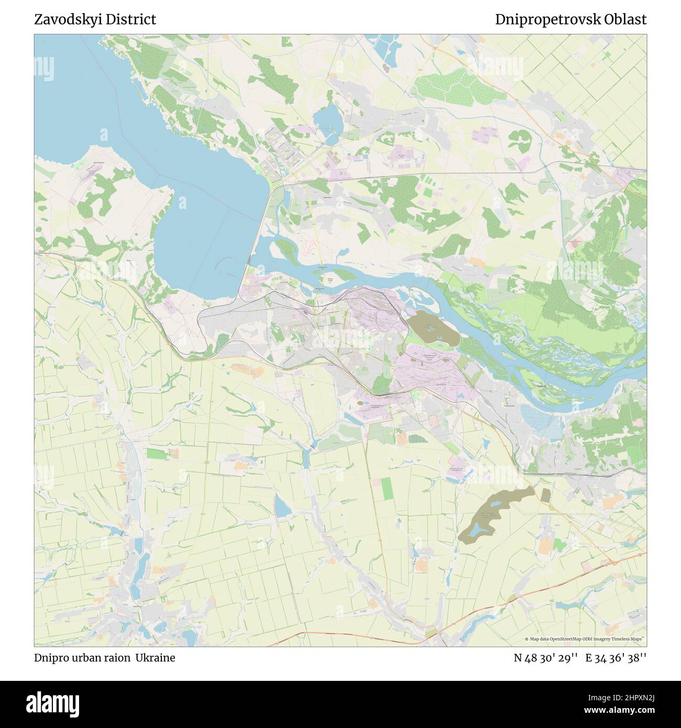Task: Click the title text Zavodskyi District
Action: click(x=95, y=20)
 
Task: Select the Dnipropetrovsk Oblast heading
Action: click(x=570, y=20)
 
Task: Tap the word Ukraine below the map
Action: click(x=156, y=658)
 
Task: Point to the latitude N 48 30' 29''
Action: click(x=546, y=658)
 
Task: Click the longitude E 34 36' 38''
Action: click(x=616, y=658)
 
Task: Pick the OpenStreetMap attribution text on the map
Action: click(x=585, y=639)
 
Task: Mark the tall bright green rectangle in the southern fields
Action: click(x=387, y=488)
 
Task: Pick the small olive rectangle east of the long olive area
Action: click(x=545, y=495)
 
